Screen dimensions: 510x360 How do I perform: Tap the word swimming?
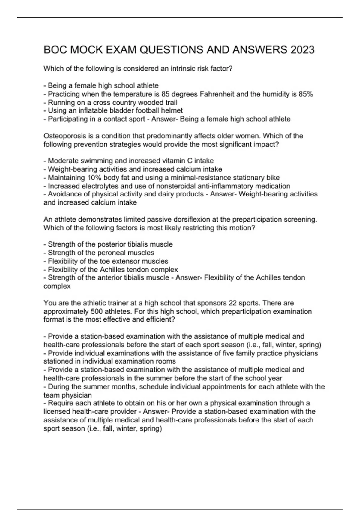point(91,161)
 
